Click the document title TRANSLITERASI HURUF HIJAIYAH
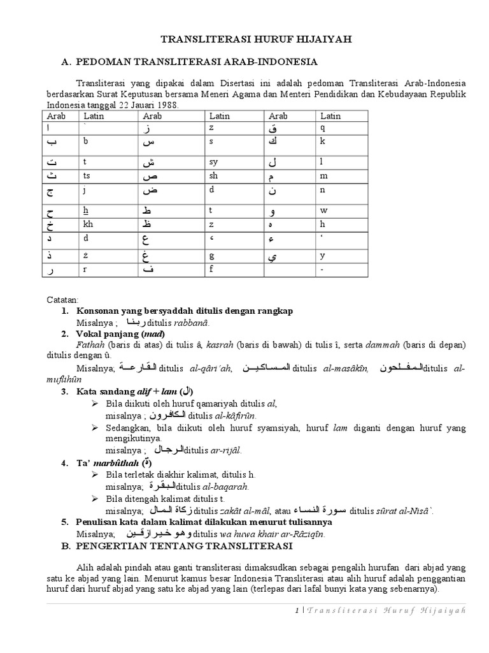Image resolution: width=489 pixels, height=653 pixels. [x=257, y=40]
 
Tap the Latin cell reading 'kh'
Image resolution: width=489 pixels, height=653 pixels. [x=88, y=224]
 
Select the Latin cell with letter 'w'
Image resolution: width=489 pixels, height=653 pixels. [x=323, y=209]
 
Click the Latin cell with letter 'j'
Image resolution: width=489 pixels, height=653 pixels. [x=84, y=189]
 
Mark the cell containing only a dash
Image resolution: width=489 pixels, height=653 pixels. [x=323, y=270]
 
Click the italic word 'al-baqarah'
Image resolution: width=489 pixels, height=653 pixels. [x=227, y=486]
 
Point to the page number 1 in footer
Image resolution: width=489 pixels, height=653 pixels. [x=297, y=610]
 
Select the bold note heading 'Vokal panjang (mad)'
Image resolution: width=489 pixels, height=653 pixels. [x=120, y=334]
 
